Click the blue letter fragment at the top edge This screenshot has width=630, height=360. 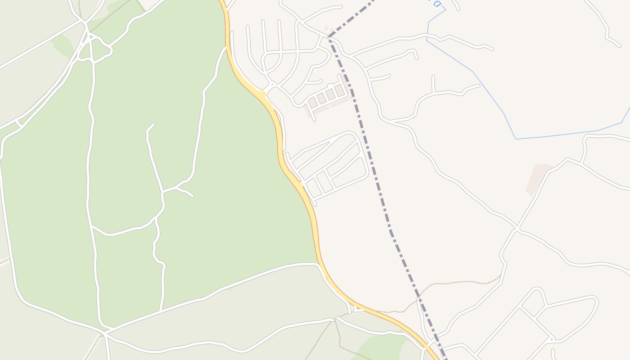point(435,3)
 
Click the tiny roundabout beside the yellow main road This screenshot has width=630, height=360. point(272,84)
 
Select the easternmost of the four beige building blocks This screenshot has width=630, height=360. point(339,90)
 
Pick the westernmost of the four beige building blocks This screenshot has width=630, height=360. point(312,102)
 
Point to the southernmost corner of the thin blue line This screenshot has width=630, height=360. point(515,139)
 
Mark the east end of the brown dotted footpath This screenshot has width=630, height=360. point(500,276)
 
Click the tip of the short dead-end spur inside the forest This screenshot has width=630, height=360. point(153,125)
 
